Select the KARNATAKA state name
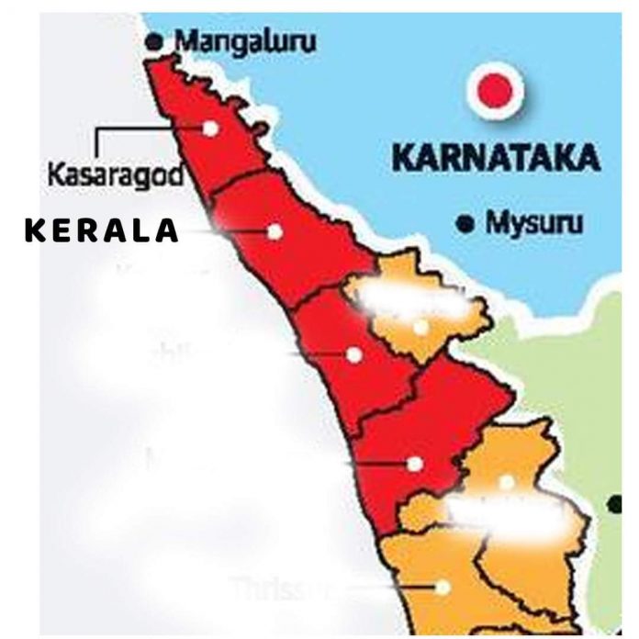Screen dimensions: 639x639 pos(496,157)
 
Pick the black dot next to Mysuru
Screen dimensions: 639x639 pos(467,222)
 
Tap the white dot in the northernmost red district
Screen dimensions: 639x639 pos(211,129)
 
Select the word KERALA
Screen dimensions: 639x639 pos(101,230)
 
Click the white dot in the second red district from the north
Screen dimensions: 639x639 pos(275,231)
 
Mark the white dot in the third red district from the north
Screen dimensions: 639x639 pos(353,354)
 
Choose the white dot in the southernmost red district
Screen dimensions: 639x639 pos(415,465)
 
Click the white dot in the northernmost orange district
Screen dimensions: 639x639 pos(420,327)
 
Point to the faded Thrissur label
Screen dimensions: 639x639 pos(276,585)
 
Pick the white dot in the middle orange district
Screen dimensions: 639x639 pos(506,481)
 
